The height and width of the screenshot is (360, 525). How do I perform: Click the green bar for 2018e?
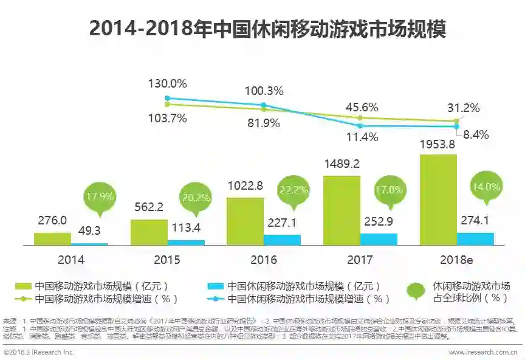(438, 199)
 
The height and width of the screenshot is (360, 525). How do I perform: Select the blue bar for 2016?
(282, 240)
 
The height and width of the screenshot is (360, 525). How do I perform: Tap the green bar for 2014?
(52, 238)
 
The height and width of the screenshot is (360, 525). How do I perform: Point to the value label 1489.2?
(341, 164)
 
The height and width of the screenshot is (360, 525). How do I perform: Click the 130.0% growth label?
(168, 83)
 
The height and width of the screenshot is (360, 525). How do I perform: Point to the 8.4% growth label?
(476, 135)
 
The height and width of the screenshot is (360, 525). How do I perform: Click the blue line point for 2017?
(360, 126)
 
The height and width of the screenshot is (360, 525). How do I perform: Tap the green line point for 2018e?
(456, 121)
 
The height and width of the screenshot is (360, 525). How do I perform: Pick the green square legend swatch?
(22, 285)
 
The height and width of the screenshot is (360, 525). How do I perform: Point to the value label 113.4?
(186, 227)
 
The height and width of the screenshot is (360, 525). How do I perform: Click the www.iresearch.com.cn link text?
(482, 352)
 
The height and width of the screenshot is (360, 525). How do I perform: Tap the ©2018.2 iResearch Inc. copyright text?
(39, 352)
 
